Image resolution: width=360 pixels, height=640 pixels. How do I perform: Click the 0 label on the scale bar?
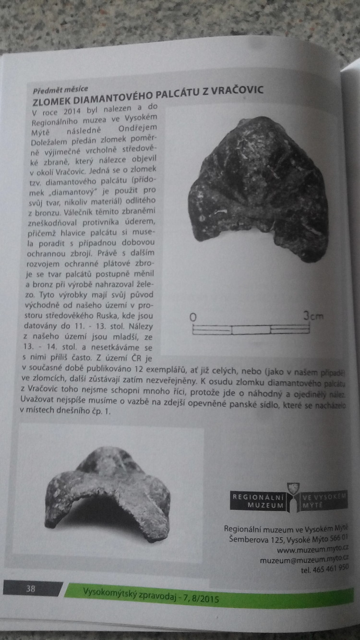pyautogui.click(x=193, y=317)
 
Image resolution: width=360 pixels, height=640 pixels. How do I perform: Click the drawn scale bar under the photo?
pyautogui.click(x=251, y=329)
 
